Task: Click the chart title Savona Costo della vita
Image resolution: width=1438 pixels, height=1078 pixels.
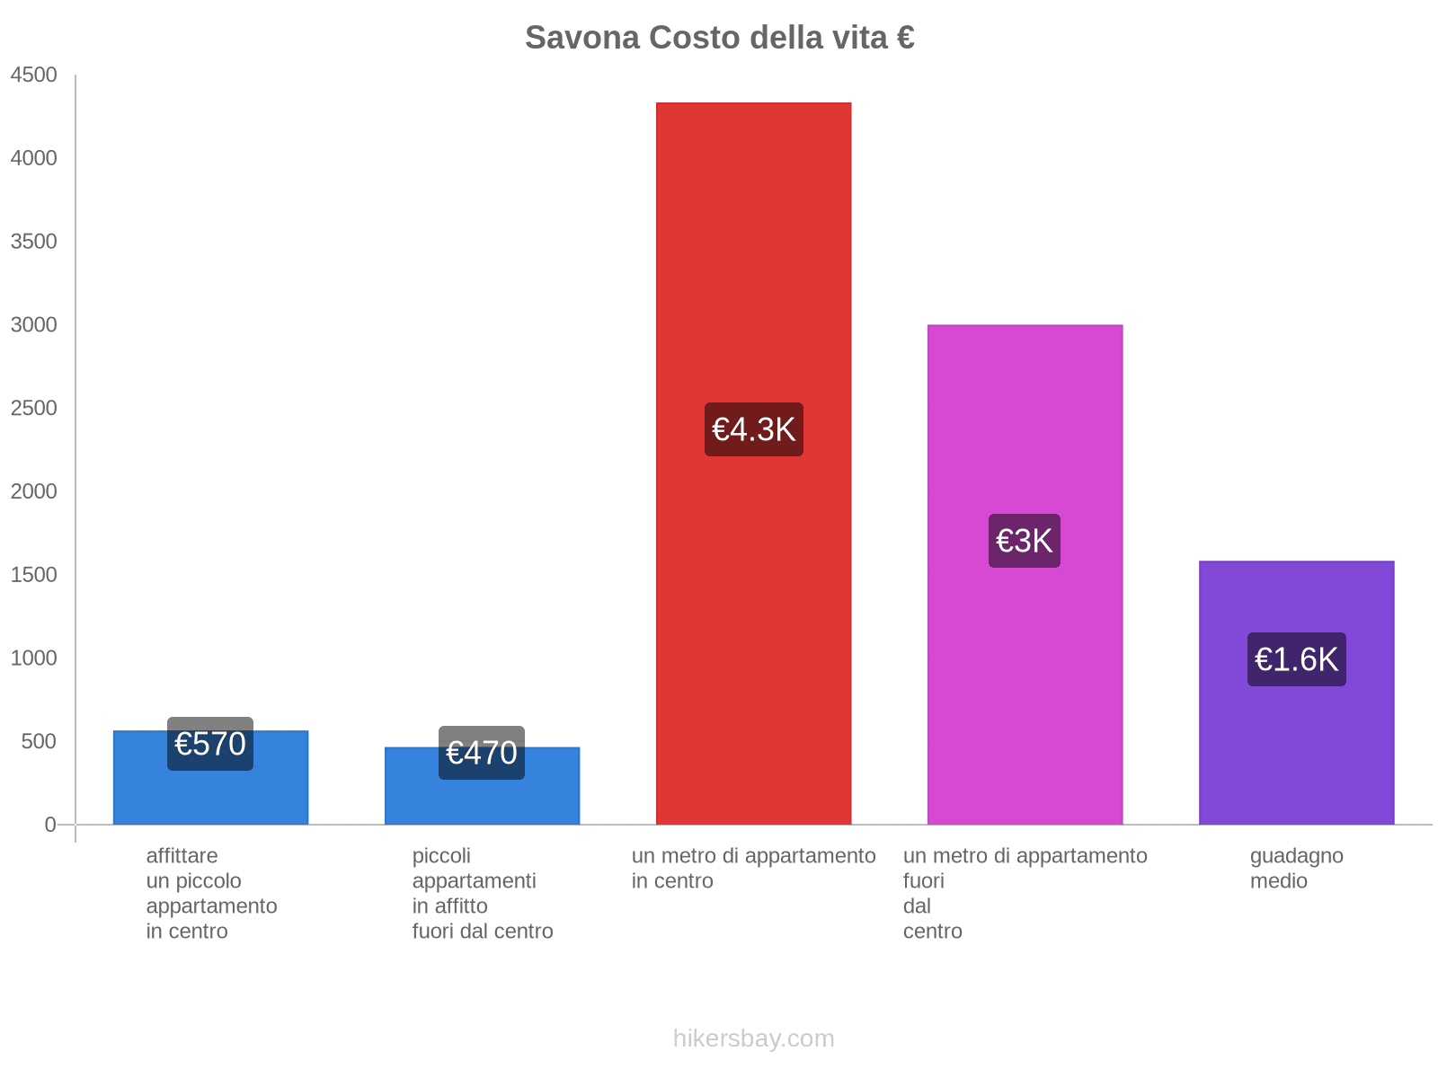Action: tap(719, 38)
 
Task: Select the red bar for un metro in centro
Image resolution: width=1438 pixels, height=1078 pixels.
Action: tap(753, 269)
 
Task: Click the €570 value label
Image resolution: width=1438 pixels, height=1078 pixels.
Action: tap(210, 744)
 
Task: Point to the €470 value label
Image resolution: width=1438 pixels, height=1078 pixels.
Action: tap(482, 753)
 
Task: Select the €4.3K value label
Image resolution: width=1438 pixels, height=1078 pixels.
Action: tap(753, 429)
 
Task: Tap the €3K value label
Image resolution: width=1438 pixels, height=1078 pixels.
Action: tap(1025, 541)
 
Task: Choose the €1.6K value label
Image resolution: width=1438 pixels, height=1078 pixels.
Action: tap(1296, 659)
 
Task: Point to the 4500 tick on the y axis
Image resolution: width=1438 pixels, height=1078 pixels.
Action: tap(34, 75)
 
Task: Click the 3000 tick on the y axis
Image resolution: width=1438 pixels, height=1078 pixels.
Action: tap(34, 325)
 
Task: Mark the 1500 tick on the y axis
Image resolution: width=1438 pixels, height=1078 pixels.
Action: tap(34, 575)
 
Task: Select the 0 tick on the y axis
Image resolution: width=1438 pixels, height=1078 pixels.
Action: tap(50, 825)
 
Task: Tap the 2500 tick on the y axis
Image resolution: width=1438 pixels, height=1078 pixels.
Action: tap(34, 409)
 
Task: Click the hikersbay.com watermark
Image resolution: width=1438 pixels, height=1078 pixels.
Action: tap(753, 1038)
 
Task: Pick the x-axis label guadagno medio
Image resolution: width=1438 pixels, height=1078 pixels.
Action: tap(1296, 869)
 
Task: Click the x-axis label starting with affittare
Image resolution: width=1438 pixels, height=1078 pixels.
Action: tap(211, 893)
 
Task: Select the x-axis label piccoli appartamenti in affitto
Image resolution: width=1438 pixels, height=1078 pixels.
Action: tap(483, 893)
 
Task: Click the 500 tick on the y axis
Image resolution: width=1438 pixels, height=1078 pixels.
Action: tap(40, 742)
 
